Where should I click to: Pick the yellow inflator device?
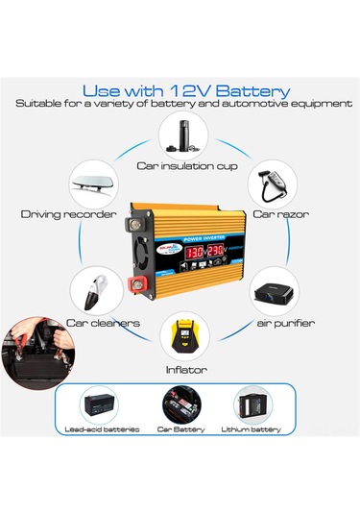pos(180,335)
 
